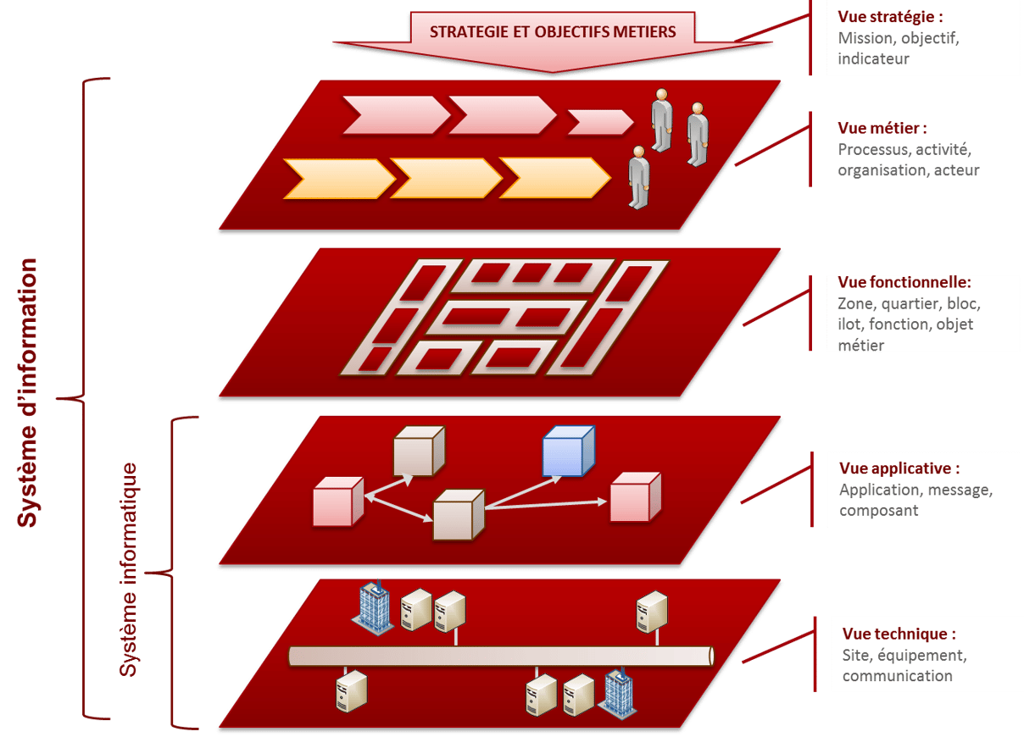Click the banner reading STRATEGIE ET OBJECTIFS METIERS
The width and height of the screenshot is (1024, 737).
(553, 32)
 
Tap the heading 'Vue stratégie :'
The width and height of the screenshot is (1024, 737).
(890, 16)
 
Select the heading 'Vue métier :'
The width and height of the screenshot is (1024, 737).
(882, 129)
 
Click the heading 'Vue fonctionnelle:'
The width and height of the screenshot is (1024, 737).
(904, 282)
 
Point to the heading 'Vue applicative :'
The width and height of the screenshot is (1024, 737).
(899, 468)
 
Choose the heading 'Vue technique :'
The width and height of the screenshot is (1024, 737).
(899, 634)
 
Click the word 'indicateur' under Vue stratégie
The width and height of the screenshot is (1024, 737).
(873, 59)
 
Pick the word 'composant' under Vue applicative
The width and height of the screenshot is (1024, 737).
(879, 511)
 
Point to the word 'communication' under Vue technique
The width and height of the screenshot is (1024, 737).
(897, 676)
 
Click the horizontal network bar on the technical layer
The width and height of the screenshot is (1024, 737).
(501, 656)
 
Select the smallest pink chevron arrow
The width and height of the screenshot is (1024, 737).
(598, 123)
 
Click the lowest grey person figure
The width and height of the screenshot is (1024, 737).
(639, 177)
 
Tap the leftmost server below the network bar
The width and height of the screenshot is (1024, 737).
(352, 690)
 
